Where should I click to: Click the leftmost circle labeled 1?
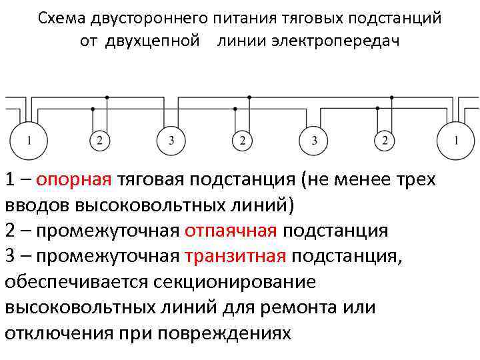[x=28, y=140]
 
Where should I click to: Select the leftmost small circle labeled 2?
[x=99, y=141]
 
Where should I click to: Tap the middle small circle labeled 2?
[x=242, y=141]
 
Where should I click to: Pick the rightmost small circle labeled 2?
[x=385, y=141]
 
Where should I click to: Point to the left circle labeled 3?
[x=171, y=141]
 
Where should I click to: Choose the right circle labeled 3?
[x=314, y=141]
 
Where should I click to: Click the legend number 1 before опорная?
[x=10, y=179]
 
